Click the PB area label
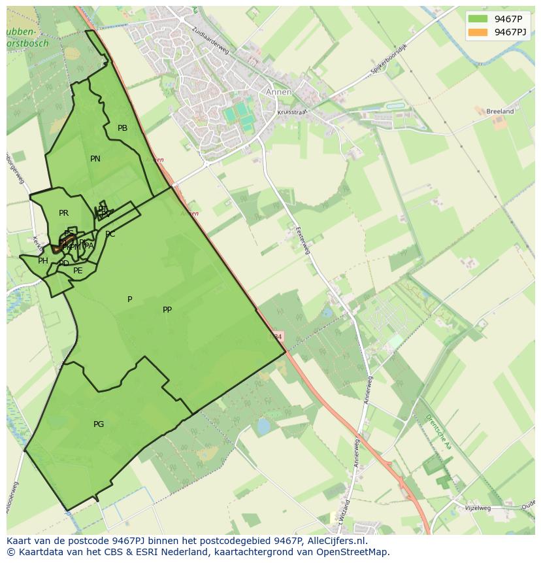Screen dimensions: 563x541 122,128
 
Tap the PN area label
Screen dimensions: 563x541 95,159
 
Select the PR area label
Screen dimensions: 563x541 63,213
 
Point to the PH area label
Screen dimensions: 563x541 43,261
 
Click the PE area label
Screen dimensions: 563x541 78,271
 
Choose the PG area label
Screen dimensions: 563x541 99,424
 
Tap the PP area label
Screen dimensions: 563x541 167,310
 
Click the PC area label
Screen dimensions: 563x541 110,234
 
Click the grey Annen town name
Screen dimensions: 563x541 278,92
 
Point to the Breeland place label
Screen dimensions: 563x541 500,112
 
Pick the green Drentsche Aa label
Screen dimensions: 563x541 438,432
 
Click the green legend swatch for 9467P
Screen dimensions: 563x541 478,19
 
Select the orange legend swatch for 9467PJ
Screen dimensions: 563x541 478,32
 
